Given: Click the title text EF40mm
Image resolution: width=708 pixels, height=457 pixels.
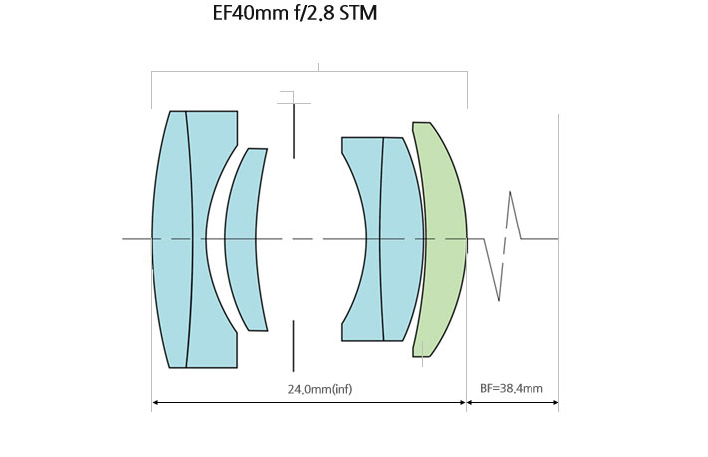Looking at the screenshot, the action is point(249,13).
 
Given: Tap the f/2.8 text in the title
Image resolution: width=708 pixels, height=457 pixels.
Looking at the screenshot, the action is point(312,13).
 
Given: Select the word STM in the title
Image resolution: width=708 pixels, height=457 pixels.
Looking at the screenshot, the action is point(358,13).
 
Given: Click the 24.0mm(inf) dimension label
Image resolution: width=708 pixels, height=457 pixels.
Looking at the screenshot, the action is point(320,389).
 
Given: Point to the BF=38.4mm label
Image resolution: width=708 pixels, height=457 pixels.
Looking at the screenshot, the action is point(512,388).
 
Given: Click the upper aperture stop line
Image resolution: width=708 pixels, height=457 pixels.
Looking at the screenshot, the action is point(294,131).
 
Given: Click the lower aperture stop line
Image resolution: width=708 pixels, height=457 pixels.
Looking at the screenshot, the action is point(293,346).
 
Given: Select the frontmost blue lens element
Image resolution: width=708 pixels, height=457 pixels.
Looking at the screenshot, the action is point(172,239).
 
